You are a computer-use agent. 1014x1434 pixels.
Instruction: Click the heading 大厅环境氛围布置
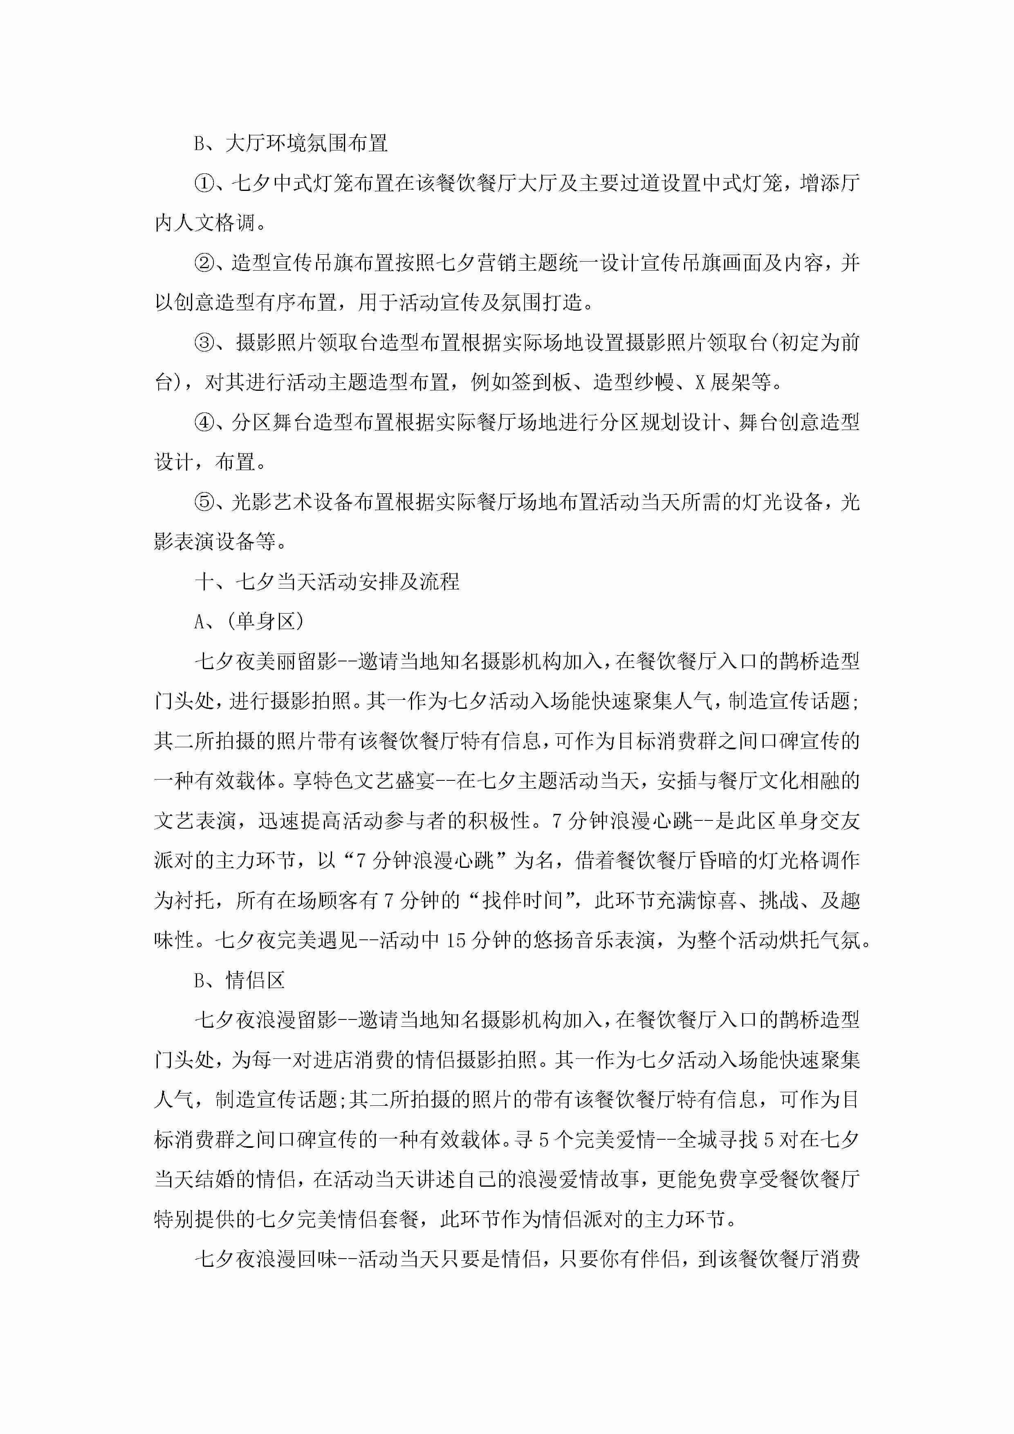coord(306,143)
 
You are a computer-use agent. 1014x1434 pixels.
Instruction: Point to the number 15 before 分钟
coord(457,940)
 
